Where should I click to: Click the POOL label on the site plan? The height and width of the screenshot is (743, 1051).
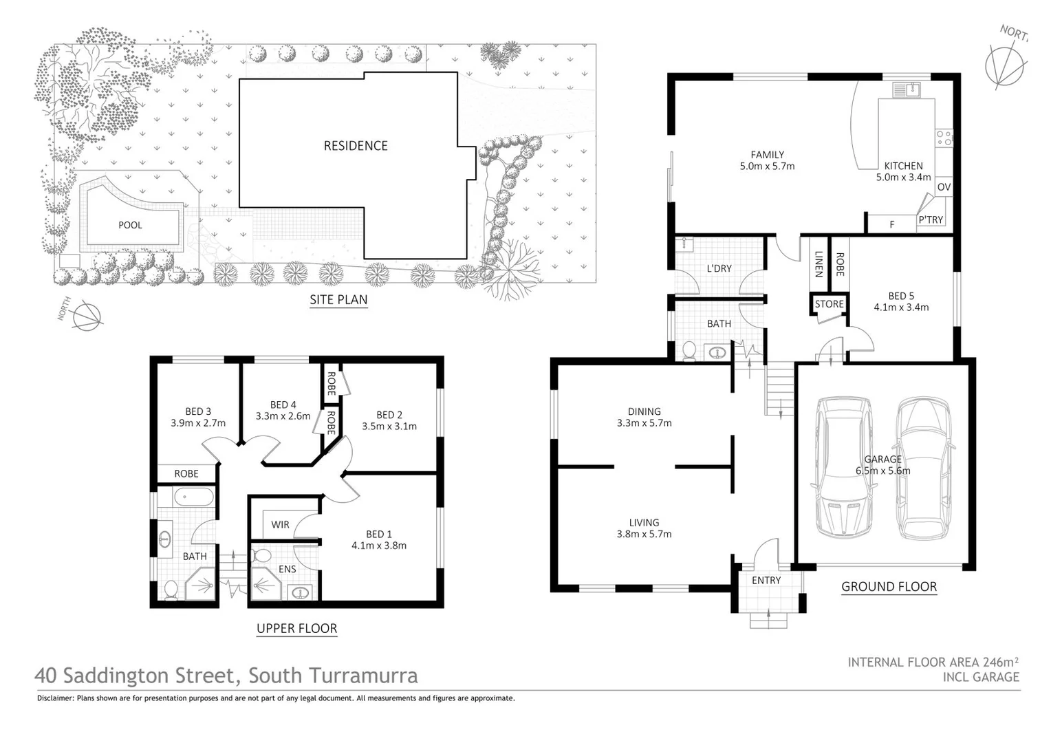point(130,225)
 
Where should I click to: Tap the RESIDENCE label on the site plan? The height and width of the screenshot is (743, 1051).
point(356,146)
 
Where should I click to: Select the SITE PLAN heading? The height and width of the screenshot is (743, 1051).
point(338,300)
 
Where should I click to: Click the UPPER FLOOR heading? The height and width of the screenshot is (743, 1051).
point(296,628)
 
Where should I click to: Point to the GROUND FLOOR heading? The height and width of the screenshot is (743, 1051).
point(889,587)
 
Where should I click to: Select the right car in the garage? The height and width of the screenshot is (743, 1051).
point(925,468)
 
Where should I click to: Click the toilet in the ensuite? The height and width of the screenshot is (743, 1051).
point(261,554)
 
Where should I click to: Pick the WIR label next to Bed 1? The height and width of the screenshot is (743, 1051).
point(280,525)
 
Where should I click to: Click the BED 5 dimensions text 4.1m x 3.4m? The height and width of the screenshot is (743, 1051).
point(901,308)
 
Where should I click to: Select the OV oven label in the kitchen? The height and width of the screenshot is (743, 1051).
point(944,187)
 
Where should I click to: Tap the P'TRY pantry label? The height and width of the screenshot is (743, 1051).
point(931,220)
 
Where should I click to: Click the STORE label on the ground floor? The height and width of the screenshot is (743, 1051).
point(829,304)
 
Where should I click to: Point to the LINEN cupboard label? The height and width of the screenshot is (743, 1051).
point(819,264)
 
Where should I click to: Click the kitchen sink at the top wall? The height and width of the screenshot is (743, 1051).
point(906,89)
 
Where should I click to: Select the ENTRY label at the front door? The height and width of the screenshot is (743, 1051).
point(766,581)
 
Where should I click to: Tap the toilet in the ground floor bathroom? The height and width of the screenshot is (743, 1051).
point(689,351)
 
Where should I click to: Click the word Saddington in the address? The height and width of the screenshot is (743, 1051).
point(148,676)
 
